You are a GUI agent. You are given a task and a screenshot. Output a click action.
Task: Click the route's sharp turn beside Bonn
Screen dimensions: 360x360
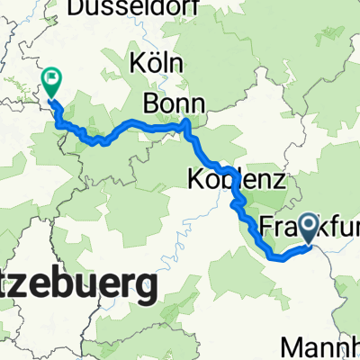coord(186,124)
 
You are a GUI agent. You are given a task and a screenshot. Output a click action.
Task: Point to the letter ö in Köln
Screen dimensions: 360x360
coord(150,64)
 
